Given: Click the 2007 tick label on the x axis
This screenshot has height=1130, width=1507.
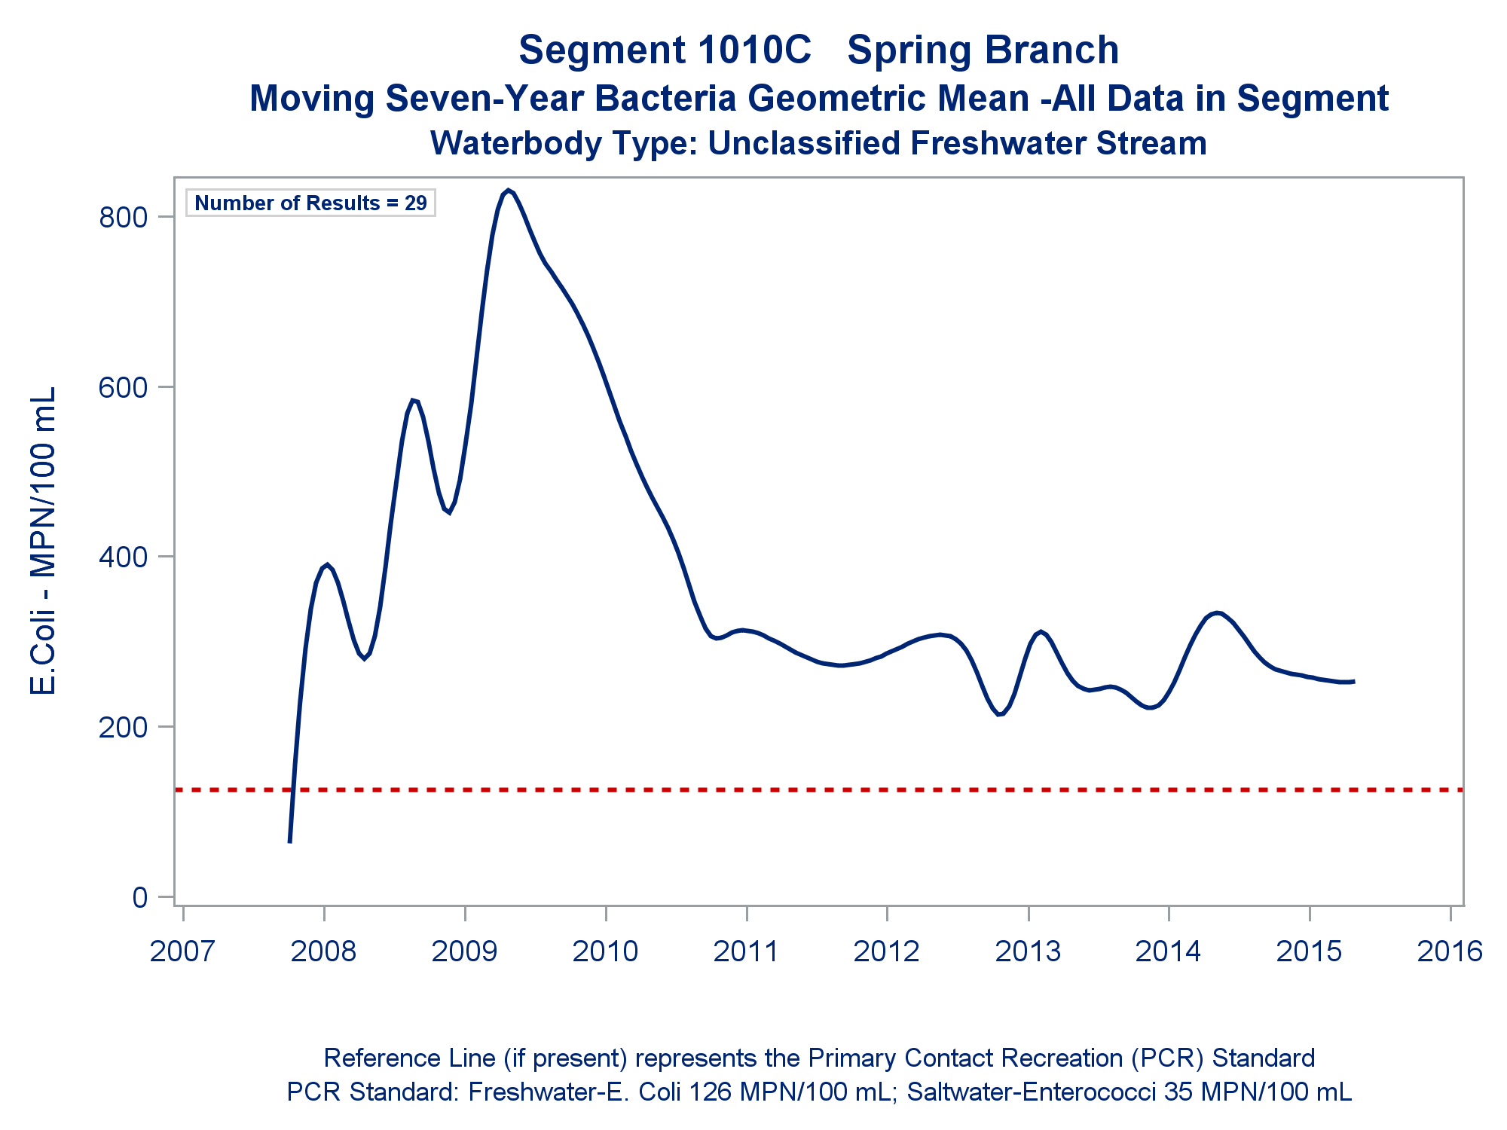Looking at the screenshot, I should coord(182,951).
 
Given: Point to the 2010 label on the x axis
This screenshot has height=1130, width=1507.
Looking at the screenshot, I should coord(605,951).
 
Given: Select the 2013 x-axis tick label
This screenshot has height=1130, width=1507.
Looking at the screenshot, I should coord(1028,951).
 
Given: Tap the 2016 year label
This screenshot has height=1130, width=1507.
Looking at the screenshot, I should coord(1450,951).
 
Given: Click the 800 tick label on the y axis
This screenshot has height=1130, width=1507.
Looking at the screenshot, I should coord(124,218).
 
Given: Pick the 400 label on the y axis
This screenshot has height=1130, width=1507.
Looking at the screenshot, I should coord(124,557).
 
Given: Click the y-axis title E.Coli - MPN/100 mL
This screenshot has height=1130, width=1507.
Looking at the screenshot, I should coord(44,541).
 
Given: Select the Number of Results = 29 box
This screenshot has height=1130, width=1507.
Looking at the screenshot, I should coord(310,203).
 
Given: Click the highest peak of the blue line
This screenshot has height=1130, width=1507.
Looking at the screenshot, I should coord(509,191).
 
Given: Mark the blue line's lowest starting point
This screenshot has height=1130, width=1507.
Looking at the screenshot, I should coord(289,841).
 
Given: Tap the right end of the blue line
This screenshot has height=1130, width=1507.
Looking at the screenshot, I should coord(1353,682).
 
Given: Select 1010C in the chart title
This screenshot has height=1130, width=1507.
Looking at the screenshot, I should coord(753,50).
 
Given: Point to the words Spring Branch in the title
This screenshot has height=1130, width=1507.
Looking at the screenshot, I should coord(983,50).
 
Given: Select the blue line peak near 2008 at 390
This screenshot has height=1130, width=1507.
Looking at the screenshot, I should coord(326,564).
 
